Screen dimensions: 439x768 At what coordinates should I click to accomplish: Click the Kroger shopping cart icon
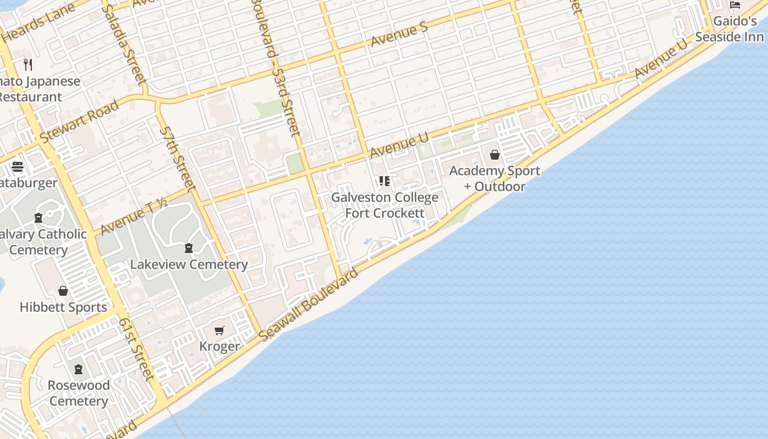pos(219,330)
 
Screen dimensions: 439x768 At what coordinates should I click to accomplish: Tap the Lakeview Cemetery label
pos(189,264)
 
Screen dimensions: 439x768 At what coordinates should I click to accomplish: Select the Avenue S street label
pos(399,34)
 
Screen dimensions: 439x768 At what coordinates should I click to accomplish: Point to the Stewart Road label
pos(80,120)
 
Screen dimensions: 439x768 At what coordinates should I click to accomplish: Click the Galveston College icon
pos(385,181)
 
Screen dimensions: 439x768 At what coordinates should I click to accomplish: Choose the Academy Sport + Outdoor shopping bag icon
pos(495,155)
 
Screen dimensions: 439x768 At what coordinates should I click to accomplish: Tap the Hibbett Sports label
pos(64,307)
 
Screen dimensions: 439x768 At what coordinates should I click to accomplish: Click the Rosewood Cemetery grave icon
pos(78,369)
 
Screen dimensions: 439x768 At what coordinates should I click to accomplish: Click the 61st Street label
pos(136,349)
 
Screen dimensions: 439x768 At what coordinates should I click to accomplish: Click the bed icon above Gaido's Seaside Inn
pos(735,5)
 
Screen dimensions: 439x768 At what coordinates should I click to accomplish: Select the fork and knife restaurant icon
pos(28,65)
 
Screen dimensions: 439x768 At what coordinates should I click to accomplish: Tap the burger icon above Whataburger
pos(17,166)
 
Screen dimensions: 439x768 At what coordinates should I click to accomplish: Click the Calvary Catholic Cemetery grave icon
pos(38,218)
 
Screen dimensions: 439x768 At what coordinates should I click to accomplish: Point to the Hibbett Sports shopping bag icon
pos(63,291)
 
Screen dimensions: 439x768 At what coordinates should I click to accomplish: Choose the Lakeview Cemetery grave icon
pos(189,248)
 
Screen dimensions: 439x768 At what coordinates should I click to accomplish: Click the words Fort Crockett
pos(385,213)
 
